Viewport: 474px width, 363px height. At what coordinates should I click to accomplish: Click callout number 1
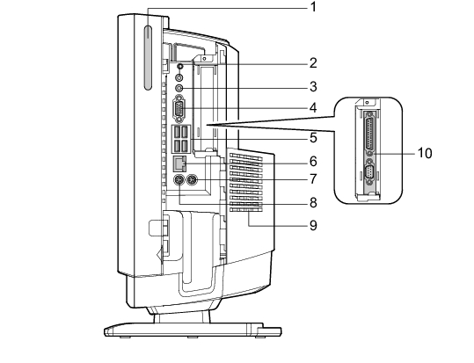(313, 7)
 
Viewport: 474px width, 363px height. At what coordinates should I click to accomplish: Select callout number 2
(313, 63)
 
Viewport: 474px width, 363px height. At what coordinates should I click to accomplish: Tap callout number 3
(313, 87)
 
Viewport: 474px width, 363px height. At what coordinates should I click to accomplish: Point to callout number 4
(313, 107)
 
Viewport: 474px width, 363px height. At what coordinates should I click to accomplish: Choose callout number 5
(313, 138)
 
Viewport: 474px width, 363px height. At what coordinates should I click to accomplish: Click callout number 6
(313, 162)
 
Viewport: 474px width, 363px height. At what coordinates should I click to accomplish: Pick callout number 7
(313, 179)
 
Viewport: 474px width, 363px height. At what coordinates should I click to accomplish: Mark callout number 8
(313, 202)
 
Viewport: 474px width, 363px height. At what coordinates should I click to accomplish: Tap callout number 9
(313, 225)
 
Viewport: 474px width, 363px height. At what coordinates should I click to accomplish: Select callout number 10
(425, 153)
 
